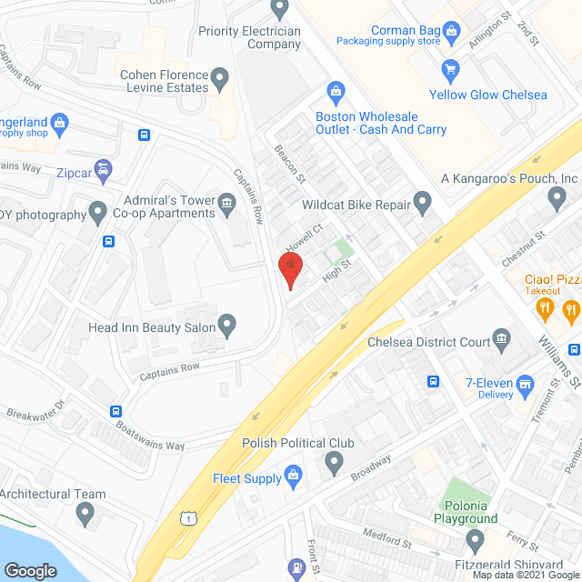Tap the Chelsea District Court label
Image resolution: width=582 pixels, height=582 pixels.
[427, 343]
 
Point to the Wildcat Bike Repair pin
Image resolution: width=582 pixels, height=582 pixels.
[422, 201]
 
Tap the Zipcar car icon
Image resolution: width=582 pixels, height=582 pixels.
[105, 169]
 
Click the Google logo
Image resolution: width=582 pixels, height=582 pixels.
[30, 570]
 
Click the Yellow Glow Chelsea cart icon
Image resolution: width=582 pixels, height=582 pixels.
[448, 69]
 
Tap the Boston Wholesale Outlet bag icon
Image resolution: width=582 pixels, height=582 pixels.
[336, 91]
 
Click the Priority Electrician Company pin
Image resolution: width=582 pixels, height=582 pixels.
[280, 9]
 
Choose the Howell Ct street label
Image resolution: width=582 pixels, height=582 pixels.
[306, 239]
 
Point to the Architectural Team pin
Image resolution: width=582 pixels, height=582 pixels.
[86, 514]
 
